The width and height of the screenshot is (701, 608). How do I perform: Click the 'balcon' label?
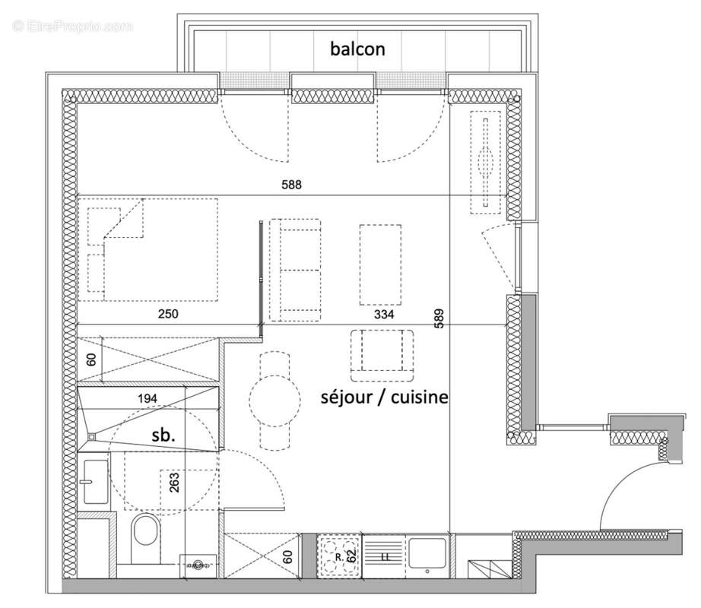point(357,49)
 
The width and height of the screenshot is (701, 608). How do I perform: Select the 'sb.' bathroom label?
point(163,436)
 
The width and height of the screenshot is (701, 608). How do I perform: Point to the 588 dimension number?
point(291,184)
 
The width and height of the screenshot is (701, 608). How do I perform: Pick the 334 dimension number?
point(384,315)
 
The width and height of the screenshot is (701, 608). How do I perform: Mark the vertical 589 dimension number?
point(439,318)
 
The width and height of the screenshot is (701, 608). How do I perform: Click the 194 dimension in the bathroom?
point(148,398)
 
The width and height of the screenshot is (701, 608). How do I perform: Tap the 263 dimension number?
point(175,483)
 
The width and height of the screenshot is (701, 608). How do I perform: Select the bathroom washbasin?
point(95,481)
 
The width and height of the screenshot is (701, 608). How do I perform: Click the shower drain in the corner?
point(92,436)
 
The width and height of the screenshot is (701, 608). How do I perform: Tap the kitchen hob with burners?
point(338,553)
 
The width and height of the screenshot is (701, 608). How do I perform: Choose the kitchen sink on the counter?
point(428,553)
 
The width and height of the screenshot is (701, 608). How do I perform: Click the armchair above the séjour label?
point(382,355)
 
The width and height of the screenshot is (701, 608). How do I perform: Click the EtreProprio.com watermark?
point(72,27)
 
